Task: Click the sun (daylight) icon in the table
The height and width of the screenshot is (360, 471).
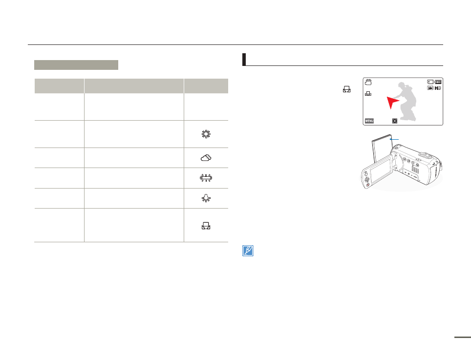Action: (206, 134)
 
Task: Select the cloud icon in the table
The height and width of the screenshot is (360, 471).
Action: (206, 158)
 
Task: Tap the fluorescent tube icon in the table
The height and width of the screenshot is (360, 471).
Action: (206, 178)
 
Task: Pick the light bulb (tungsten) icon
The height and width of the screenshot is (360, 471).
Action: (206, 198)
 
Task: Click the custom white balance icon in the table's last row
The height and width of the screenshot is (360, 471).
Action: (206, 226)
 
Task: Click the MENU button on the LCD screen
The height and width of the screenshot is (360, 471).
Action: (369, 121)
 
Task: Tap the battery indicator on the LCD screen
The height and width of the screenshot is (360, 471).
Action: (438, 82)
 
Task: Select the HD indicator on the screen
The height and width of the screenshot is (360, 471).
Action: (438, 88)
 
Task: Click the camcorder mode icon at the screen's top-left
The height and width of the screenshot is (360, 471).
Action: (368, 82)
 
